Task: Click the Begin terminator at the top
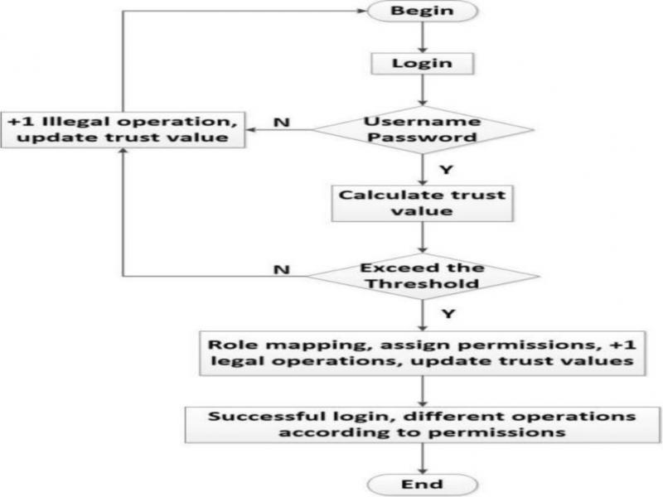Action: [x=423, y=12]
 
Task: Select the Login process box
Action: [x=423, y=62]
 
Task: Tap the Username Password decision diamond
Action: [x=423, y=128]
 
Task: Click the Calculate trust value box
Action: [x=423, y=203]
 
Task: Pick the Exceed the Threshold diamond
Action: [x=423, y=275]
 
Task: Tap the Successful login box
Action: [x=423, y=422]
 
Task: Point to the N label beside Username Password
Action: [x=281, y=123]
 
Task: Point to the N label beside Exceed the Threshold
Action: [x=281, y=269]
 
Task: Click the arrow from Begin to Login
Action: [x=423, y=37]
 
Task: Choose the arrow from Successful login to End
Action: [x=423, y=457]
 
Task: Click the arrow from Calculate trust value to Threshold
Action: [x=423, y=238]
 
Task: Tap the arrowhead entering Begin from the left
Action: [x=362, y=12]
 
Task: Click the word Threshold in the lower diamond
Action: [x=423, y=282]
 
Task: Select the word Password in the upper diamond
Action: [x=423, y=136]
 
